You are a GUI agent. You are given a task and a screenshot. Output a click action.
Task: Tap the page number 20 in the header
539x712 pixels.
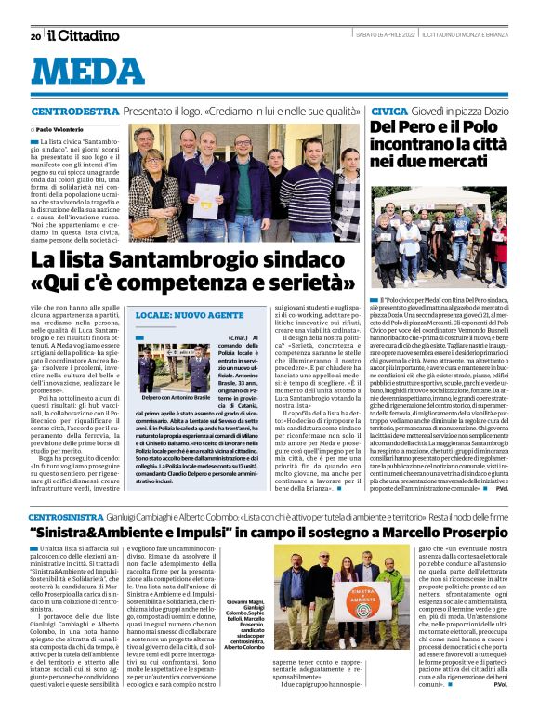click(35, 36)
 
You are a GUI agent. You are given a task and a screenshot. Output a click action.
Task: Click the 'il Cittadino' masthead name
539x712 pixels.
click(85, 36)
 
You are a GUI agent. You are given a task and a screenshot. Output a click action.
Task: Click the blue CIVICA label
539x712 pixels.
click(388, 111)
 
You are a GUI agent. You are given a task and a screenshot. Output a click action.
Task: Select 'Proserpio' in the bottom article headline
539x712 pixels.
click(446, 533)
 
